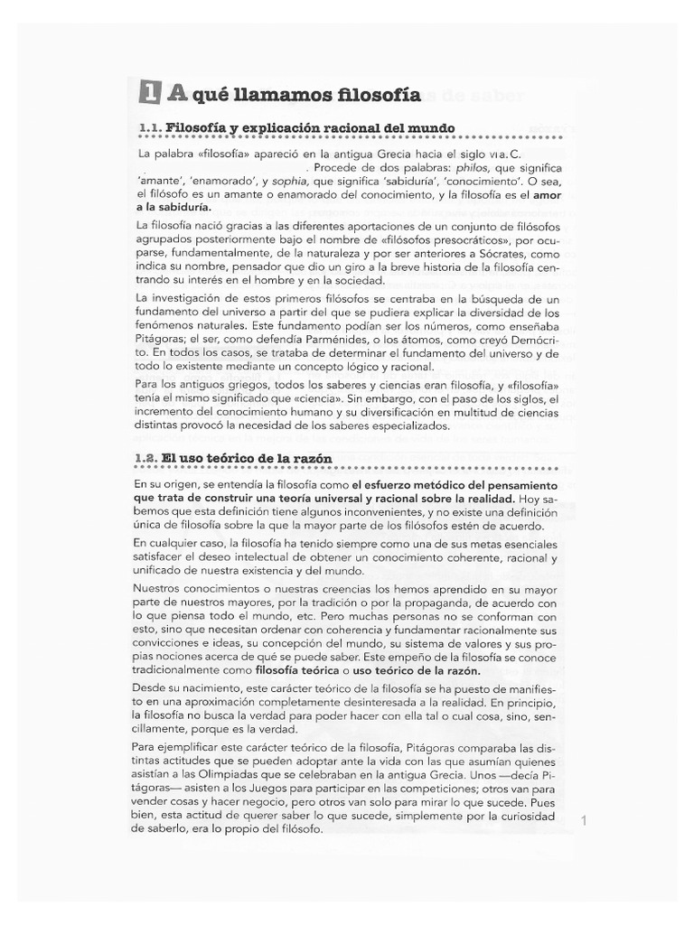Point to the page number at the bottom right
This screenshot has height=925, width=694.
(x=585, y=821)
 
